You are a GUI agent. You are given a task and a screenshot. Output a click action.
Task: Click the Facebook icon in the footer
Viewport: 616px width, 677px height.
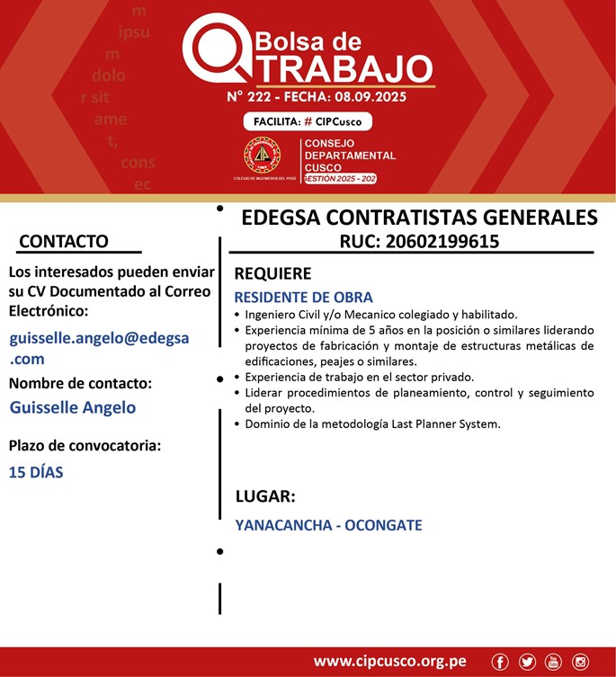click(500, 662)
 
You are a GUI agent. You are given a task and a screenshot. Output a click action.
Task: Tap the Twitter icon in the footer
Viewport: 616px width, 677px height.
click(527, 662)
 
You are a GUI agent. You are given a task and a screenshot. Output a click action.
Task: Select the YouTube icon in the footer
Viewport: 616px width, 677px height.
click(553, 662)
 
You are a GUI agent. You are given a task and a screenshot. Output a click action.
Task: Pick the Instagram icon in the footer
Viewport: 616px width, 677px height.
click(580, 662)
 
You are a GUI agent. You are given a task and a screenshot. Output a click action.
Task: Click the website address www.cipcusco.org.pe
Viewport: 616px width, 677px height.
click(389, 662)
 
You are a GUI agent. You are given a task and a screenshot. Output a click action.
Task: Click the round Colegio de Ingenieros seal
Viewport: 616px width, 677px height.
click(263, 156)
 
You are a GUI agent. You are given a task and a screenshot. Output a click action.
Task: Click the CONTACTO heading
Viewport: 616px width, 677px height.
click(64, 241)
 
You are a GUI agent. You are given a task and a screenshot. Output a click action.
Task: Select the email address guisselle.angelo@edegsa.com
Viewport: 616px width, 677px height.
click(99, 348)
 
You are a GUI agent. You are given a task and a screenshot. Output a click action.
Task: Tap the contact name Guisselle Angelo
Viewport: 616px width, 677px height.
click(73, 407)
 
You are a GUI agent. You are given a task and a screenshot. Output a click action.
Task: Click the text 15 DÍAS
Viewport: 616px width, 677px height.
click(36, 472)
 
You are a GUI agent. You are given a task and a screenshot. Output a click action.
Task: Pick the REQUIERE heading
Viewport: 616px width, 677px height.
click(272, 273)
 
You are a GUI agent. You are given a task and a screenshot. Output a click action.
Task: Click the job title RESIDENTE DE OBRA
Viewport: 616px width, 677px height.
click(303, 297)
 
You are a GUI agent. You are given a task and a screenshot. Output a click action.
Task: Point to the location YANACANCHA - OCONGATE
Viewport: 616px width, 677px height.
click(328, 525)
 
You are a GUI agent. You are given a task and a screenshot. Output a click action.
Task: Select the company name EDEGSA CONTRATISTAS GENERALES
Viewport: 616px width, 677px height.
click(419, 218)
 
